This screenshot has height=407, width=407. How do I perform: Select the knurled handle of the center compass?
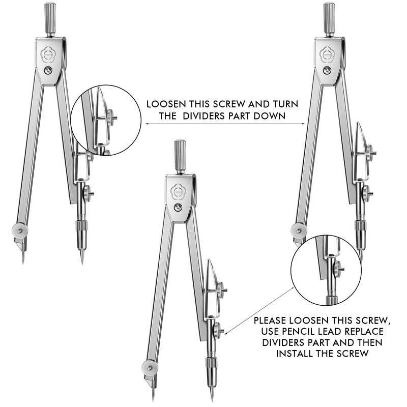(180, 156)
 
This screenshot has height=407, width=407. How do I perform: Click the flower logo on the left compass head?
(50, 54)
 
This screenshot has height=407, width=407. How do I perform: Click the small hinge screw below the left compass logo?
(48, 71)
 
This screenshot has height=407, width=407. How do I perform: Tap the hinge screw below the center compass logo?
(178, 207)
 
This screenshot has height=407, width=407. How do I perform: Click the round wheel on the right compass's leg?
(299, 230)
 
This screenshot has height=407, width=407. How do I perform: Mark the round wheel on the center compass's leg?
(150, 367)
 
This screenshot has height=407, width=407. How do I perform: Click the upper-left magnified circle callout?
(106, 120)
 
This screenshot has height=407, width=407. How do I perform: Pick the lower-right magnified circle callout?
(326, 270)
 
